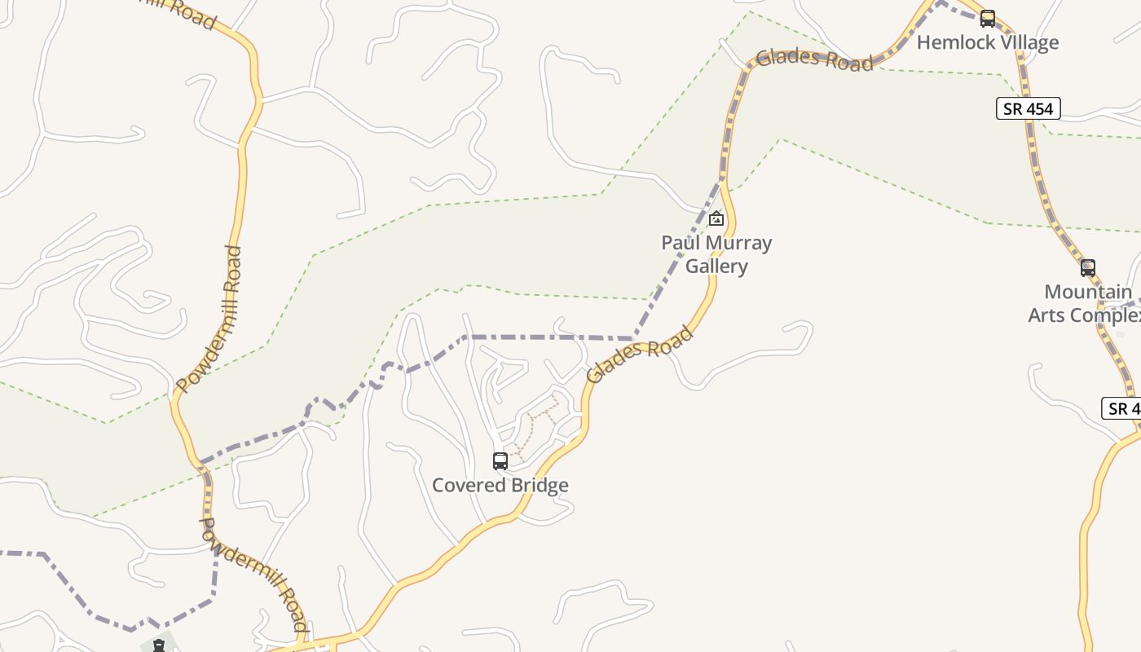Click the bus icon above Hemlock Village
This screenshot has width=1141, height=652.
point(988,18)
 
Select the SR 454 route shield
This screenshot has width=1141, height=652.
point(1028,108)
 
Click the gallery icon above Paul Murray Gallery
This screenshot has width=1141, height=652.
point(716,218)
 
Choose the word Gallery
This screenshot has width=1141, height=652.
point(716,267)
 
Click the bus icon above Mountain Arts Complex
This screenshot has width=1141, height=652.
point(1088,267)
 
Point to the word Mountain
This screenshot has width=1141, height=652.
point(1088,292)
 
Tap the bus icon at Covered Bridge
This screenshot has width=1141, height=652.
point(500,461)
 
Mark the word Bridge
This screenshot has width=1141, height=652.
point(538,486)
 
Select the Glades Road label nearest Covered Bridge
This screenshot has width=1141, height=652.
point(640,355)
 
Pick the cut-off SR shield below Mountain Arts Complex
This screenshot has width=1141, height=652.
point(1123,408)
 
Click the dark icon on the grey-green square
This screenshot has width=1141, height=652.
point(159,645)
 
